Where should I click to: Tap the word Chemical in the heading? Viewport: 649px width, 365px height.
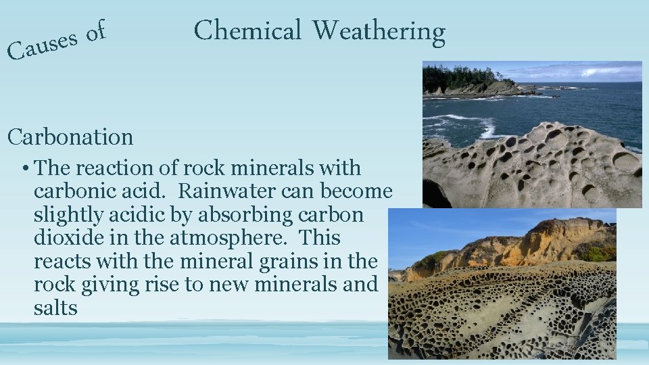coord(247,31)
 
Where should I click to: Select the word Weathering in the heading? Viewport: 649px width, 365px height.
coord(379,32)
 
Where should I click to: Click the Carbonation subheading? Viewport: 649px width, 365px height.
coord(70,137)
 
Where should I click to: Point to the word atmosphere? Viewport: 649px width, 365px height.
coord(237,238)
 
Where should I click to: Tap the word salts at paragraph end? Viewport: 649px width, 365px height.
coord(55,308)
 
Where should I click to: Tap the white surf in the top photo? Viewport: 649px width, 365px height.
coord(473,124)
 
